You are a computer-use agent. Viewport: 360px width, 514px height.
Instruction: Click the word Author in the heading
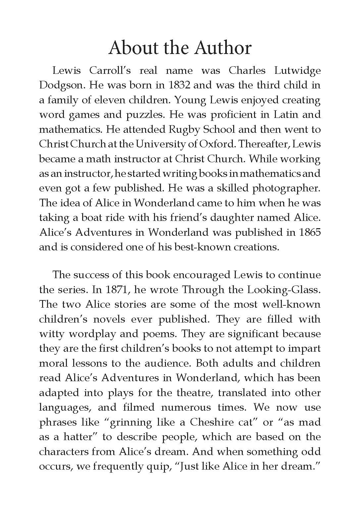[223, 48]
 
